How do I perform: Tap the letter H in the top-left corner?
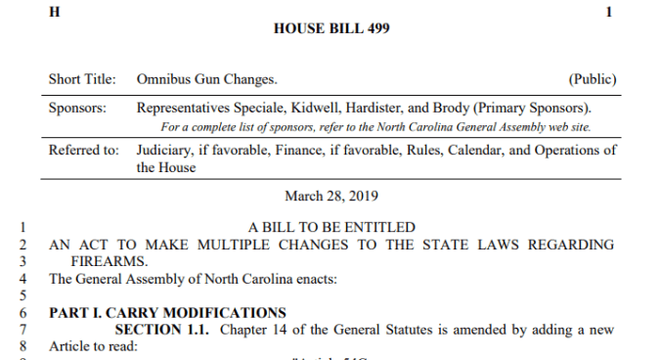[55, 11]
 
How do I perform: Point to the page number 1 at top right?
[610, 11]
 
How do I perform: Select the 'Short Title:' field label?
[82, 78]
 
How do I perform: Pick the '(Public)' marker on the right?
[593, 78]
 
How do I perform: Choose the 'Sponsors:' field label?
[78, 108]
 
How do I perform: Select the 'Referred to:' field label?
[83, 150]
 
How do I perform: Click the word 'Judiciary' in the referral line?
[167, 150]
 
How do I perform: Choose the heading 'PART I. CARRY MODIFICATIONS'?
[167, 312]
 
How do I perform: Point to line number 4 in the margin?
[22, 278]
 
